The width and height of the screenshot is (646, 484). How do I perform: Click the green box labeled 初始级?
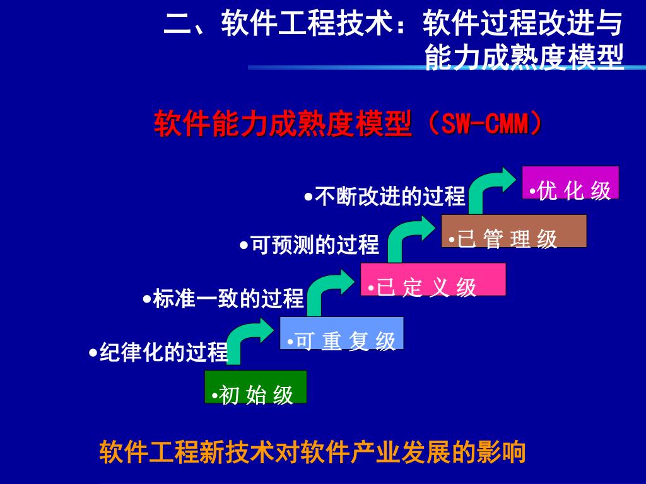(255, 386)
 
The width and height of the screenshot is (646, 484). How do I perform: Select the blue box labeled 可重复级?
(341, 333)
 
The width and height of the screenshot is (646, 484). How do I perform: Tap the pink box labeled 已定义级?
(433, 279)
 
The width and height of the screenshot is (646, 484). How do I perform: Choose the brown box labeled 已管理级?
(514, 231)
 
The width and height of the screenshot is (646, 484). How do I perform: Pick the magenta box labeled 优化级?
(570, 182)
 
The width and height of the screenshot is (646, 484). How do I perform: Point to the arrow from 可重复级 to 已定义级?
(326, 290)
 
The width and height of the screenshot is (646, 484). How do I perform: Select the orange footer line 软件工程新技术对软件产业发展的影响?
(312, 452)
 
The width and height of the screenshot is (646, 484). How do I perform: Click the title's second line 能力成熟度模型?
(524, 56)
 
